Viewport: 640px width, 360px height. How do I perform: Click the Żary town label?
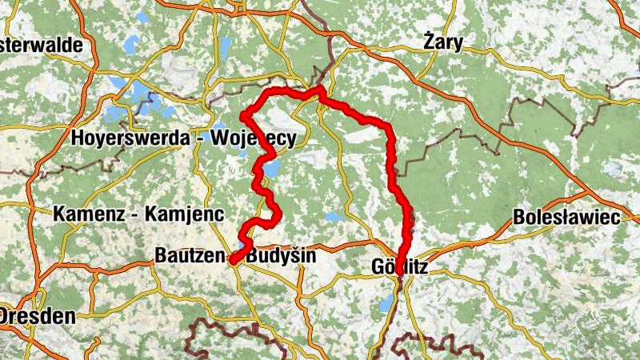pyautogui.click(x=443, y=43)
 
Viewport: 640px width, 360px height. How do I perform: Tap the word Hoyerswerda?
pyautogui.click(x=131, y=138)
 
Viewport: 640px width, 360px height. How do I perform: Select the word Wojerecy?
pyautogui.click(x=253, y=138)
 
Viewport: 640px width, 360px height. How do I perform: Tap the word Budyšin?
pyautogui.click(x=281, y=257)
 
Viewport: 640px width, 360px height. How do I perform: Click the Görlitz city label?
pyautogui.click(x=400, y=267)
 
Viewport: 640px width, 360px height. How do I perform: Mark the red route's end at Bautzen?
pyautogui.click(x=232, y=260)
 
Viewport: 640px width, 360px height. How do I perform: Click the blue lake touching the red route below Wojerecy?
pyautogui.click(x=271, y=169)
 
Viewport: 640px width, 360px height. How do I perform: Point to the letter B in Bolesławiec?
pyautogui.click(x=519, y=217)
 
